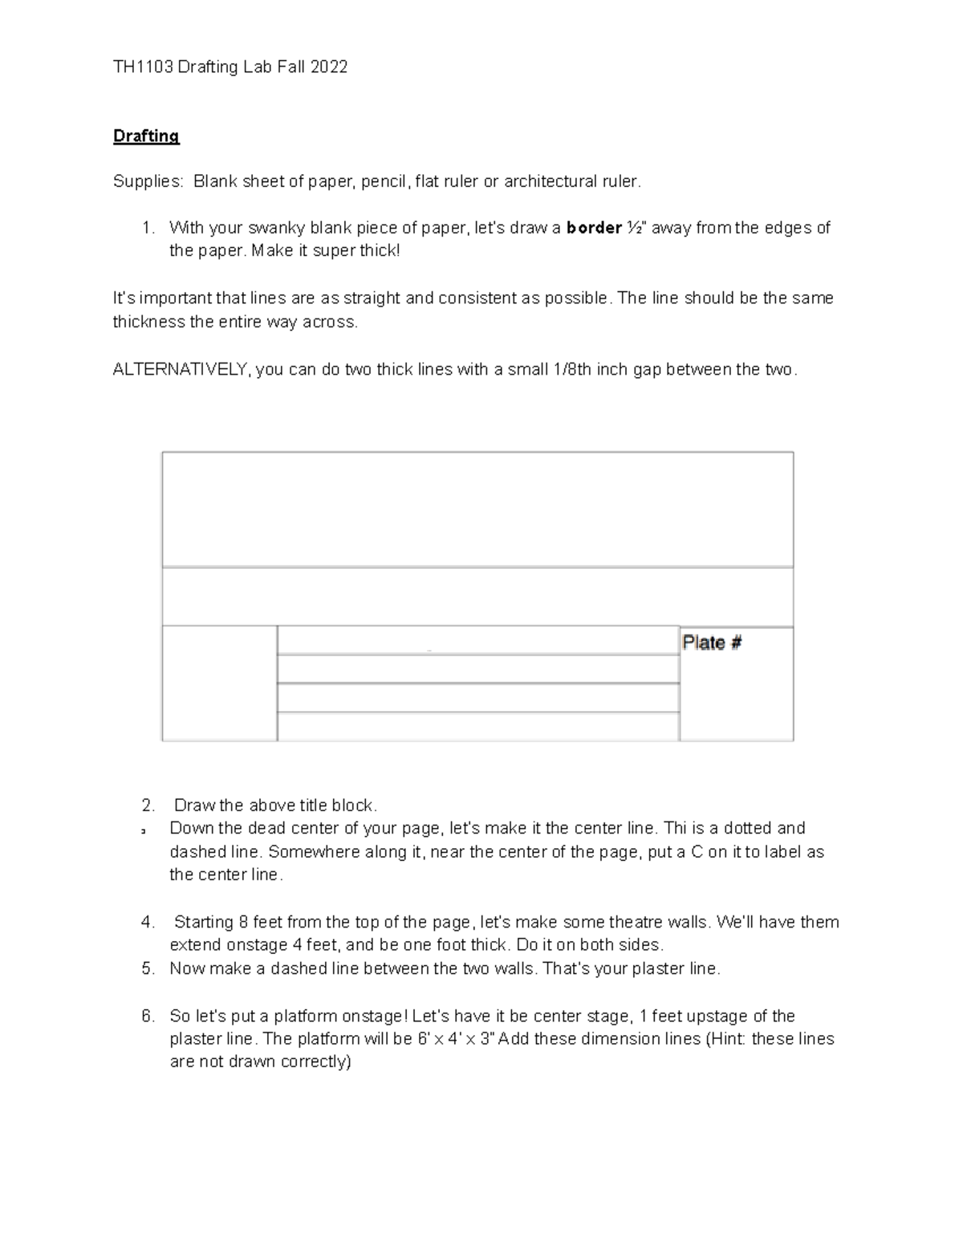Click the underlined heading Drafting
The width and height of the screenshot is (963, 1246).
click(146, 136)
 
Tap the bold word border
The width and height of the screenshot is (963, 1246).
click(594, 228)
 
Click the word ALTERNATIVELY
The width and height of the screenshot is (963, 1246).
click(181, 370)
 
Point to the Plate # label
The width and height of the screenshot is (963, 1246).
click(712, 643)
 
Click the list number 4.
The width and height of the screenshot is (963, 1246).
click(147, 922)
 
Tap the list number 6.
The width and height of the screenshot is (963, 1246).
click(147, 1016)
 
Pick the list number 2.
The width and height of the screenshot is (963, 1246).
click(147, 805)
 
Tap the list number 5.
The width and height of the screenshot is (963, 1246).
click(147, 968)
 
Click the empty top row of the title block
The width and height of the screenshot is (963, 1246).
click(477, 509)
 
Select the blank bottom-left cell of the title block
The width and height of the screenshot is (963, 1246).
click(219, 683)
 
